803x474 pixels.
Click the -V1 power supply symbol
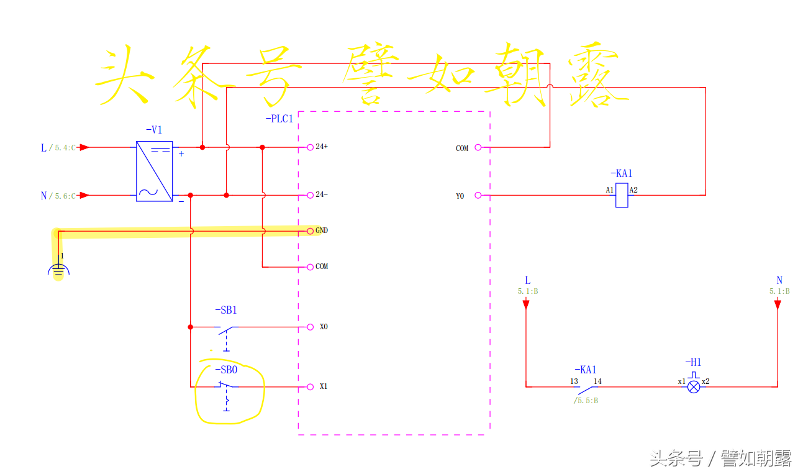coord(155,171)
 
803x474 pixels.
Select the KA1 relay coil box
coord(622,196)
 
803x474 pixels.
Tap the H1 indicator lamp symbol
coord(694,386)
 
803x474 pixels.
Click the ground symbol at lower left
coord(58,269)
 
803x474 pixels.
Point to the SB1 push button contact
coord(227,329)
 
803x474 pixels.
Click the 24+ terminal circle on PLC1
coord(310,147)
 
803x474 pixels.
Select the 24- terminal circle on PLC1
coord(310,195)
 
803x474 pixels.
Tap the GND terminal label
coord(322,230)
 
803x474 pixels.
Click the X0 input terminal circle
coord(310,327)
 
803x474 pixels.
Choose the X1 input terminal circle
coord(310,386)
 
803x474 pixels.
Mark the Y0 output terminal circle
coord(478,195)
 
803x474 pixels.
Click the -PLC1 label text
coord(279,119)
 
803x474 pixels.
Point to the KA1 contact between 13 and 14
coord(587,390)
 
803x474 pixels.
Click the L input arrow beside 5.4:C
coord(84,147)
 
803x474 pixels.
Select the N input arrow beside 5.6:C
coord(84,195)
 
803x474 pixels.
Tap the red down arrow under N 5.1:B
coord(778,304)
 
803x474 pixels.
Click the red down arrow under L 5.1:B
coord(526,304)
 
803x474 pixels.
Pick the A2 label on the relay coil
coord(633,189)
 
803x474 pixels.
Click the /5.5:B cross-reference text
coord(586,401)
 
